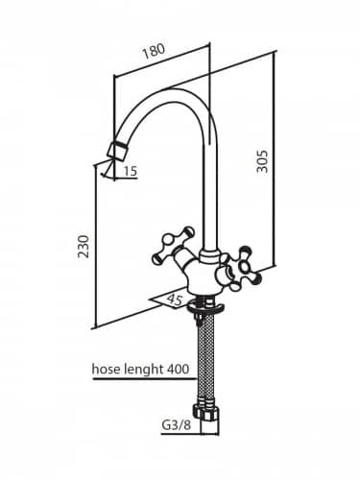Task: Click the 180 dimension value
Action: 154,51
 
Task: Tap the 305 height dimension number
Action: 262,161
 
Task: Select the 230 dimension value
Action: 84,247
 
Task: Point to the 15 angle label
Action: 131,171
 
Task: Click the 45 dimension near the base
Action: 175,300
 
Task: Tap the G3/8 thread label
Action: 177,425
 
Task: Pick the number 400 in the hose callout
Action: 178,369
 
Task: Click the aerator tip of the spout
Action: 117,151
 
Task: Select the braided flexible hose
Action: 204,355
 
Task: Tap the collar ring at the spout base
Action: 209,255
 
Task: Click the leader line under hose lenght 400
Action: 143,378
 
